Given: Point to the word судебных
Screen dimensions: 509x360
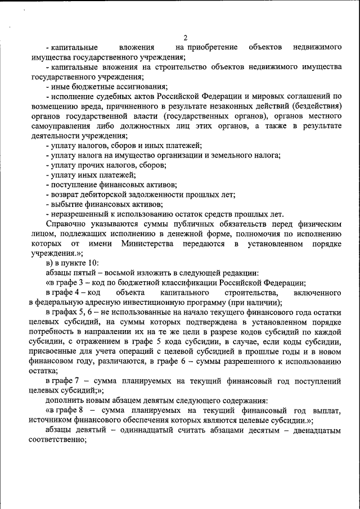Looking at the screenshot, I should tap(114, 96).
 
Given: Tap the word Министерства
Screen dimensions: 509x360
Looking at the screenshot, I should tap(148, 244).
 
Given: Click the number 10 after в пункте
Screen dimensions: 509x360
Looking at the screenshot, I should tap(93, 263).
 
